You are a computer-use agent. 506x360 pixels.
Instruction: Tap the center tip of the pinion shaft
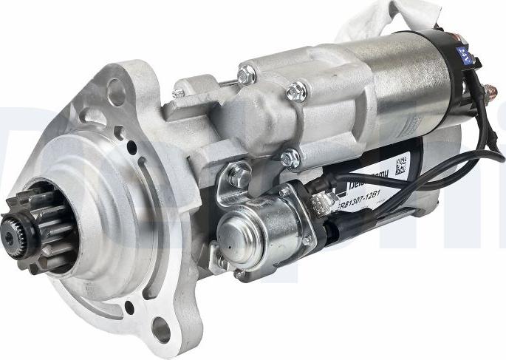[x=10, y=237]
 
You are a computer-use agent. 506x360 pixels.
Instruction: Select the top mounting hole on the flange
[x=116, y=91]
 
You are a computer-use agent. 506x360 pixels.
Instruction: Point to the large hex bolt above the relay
[x=239, y=175]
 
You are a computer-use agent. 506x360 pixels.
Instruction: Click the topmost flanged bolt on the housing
[x=247, y=73]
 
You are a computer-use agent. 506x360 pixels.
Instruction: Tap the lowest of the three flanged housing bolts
[x=290, y=157]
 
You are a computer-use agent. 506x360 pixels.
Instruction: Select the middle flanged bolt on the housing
[x=297, y=91]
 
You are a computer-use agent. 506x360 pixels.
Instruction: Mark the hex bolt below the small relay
[x=221, y=262]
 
